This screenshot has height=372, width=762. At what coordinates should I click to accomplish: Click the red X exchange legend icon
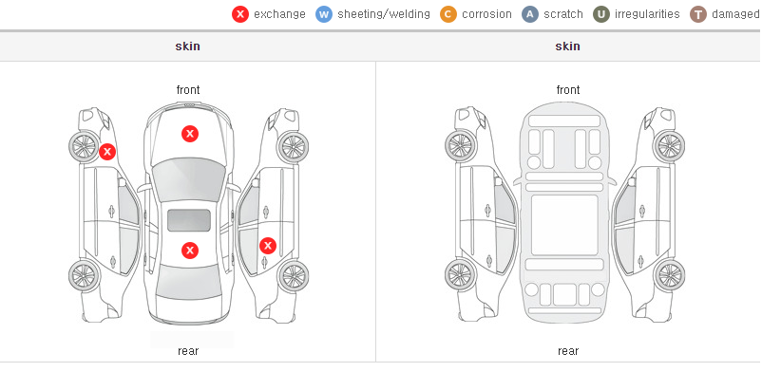pos(240,14)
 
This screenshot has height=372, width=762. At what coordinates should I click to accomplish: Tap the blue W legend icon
pos(324,14)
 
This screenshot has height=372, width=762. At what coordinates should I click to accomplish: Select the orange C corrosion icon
pos(448,14)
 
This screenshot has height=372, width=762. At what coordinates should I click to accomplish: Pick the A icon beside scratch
pos(530,14)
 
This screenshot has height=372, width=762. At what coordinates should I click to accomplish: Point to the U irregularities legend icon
pos(601,14)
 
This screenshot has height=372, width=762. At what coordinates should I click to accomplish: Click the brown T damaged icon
pos(697,14)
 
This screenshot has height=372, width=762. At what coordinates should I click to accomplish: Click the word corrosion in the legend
pos(486,14)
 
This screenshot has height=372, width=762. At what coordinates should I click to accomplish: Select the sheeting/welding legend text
pos(384,14)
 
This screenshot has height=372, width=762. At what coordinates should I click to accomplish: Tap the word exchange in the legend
pos(279,14)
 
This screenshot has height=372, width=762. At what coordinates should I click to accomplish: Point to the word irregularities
pos(647,14)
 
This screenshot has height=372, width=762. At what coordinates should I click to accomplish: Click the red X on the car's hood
pos(190,134)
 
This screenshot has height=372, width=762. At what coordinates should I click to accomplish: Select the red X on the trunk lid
pos(190,251)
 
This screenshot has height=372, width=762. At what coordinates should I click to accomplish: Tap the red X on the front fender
pos(107,152)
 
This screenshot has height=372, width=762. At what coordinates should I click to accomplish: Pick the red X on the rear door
pos(268,246)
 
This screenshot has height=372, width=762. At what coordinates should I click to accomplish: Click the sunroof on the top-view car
pos(189,220)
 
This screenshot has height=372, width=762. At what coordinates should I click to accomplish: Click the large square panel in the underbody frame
pos(564,225)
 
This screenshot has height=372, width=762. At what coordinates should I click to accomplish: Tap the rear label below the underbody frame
pos(568,351)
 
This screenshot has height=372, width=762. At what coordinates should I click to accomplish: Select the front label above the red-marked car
pos(188,90)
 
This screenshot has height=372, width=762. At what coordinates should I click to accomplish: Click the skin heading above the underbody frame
pos(567,46)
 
